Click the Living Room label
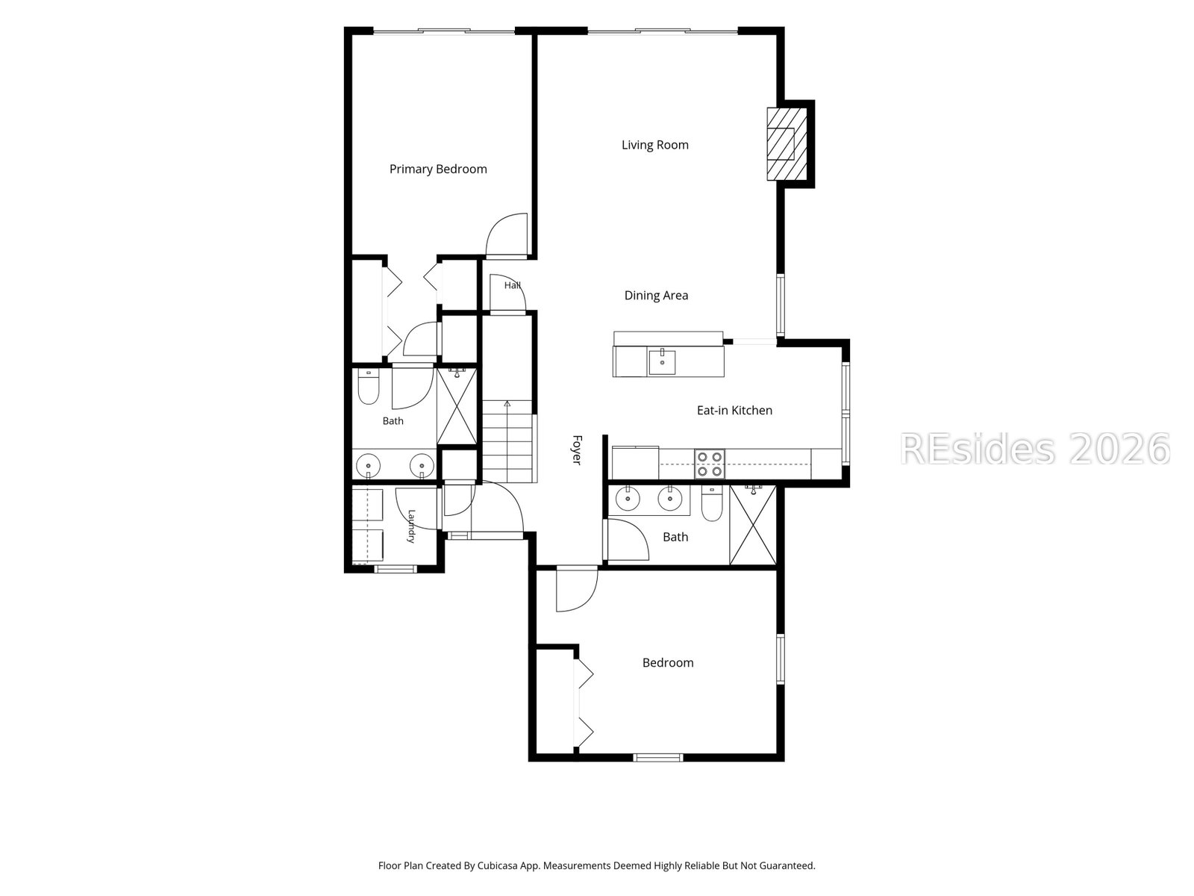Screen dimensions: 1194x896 655,145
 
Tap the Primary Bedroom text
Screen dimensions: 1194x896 438,169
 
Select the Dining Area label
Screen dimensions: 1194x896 656,296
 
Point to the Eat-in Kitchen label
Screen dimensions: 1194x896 734,410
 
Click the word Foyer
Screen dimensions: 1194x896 577,450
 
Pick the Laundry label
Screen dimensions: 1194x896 411,526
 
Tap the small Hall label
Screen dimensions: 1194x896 512,285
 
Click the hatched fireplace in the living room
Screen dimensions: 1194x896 787,144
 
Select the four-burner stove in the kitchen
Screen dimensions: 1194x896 710,464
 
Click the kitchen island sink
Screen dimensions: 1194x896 662,363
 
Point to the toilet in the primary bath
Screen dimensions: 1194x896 368,387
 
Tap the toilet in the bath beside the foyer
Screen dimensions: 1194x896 711,503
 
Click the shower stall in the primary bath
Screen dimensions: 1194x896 457,406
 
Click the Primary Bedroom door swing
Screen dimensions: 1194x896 507,234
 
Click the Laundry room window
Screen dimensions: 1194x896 396,570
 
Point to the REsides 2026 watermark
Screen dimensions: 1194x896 1035,449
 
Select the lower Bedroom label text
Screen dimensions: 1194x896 668,662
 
